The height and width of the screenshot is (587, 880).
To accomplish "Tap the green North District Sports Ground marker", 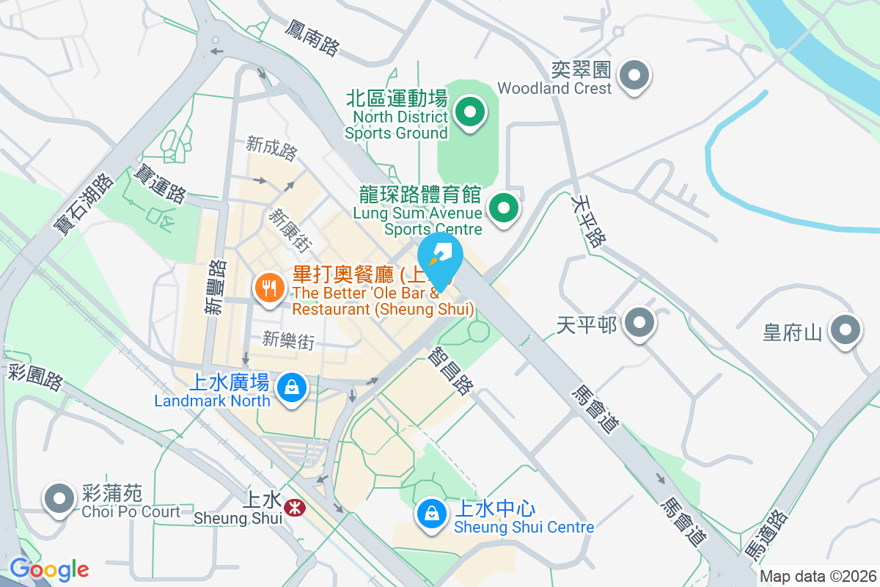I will tap(470, 113).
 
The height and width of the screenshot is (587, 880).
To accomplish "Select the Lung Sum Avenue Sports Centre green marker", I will tap(503, 208).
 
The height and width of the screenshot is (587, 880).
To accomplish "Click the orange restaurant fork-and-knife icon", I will tap(269, 288).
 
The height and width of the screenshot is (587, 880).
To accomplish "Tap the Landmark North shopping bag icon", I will tap(292, 386).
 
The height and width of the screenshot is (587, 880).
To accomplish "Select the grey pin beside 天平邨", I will tap(640, 323).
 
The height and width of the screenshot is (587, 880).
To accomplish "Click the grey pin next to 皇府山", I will tap(845, 331).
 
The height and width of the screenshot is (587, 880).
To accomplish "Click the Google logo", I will tap(49, 569).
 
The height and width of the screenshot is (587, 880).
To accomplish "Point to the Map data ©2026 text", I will tap(818, 577).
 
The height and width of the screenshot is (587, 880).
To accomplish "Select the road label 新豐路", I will tap(214, 288).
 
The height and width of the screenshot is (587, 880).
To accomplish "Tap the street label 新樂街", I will tap(288, 340).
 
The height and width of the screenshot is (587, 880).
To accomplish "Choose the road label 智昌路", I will tap(452, 371).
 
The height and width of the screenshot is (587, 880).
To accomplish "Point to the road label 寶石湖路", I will tap(83, 204).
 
